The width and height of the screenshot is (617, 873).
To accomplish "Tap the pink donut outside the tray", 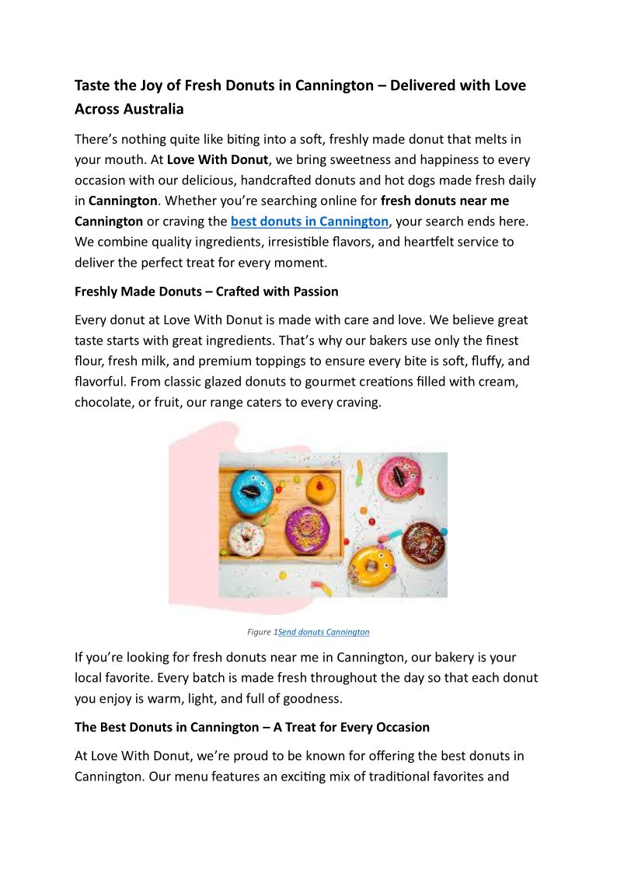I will point(399,477).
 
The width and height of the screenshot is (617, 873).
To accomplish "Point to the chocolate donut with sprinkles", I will point(424,543).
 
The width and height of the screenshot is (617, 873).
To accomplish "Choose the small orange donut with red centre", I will point(320,490).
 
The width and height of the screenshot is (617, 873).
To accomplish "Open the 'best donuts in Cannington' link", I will point(309,222).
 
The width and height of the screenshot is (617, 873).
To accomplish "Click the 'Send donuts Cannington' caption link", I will point(323,632).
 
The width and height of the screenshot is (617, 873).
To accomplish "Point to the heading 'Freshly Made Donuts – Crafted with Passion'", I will point(207,292).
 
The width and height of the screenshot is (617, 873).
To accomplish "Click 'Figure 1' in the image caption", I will point(262,632).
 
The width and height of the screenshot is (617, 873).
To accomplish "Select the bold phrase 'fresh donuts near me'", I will point(444,201).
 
